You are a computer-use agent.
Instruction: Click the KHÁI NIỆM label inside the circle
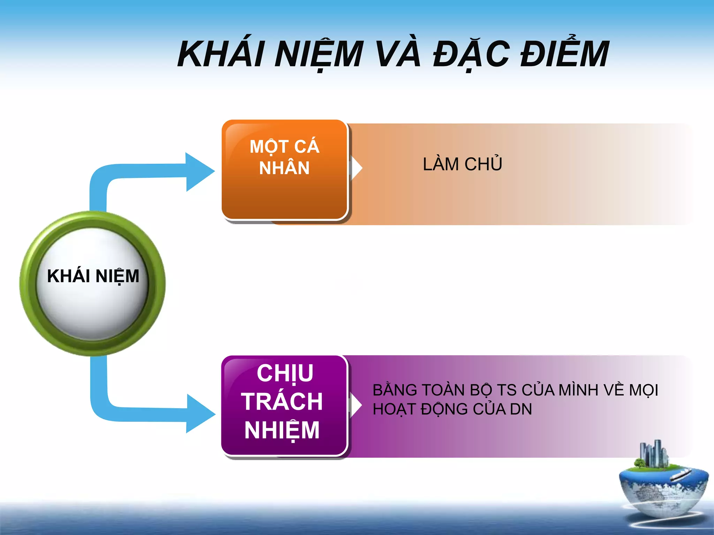[93, 276]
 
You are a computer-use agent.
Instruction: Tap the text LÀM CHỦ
[462, 164]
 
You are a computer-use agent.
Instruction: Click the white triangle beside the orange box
[356, 168]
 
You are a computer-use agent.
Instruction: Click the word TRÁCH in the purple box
[282, 401]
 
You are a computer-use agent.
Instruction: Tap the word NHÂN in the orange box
[284, 168]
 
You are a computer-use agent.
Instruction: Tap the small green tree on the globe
[639, 463]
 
